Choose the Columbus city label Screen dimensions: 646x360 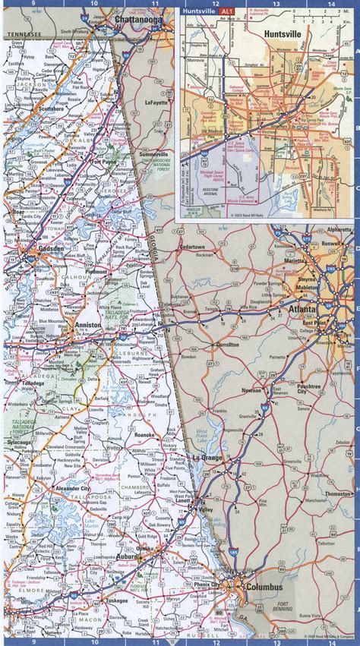[x=263, y=588]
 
